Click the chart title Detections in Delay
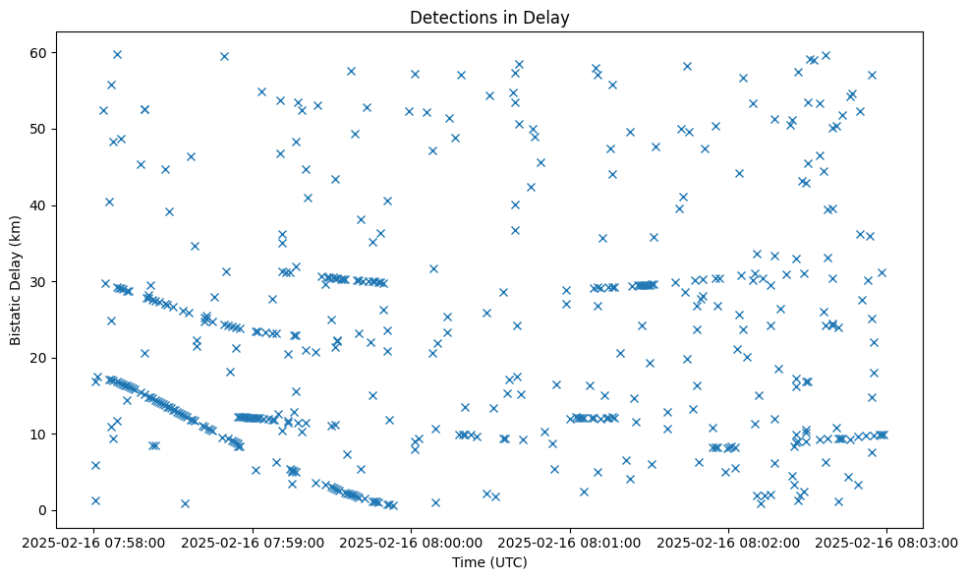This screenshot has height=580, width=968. click(x=489, y=18)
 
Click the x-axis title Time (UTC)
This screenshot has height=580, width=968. click(x=489, y=562)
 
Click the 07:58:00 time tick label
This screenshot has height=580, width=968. click(x=94, y=542)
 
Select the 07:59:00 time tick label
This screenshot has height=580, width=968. click(x=253, y=542)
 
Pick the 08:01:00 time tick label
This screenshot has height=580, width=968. click(x=570, y=542)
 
